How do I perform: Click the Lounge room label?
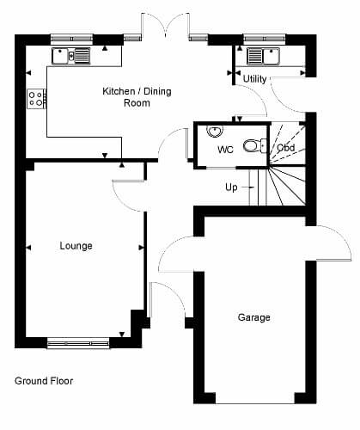[x=76, y=246]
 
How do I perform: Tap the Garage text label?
[x=254, y=317]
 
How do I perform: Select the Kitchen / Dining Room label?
[x=137, y=97]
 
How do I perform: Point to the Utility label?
[x=254, y=78]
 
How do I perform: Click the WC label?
[x=225, y=150]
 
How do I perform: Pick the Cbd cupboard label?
[x=286, y=148]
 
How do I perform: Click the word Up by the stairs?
[x=231, y=187]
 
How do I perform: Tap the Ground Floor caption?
[x=44, y=381]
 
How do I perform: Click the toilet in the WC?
[x=255, y=145]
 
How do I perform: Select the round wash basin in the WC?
[x=215, y=131]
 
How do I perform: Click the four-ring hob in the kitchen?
[x=36, y=99]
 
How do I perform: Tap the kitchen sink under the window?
[x=71, y=56]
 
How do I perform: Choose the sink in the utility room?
[x=263, y=56]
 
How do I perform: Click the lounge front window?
[x=78, y=343]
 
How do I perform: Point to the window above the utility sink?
[x=265, y=39]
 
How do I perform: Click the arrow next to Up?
[x=247, y=187]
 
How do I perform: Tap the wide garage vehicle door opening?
[x=255, y=401]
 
